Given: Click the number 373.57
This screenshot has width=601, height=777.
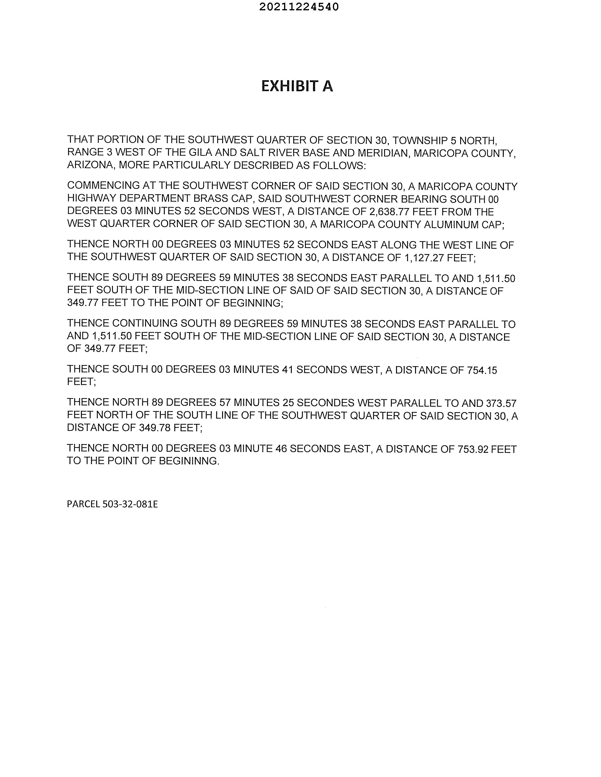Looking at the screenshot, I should pos(501,404).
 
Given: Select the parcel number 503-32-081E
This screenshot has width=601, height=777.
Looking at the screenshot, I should pos(130,504).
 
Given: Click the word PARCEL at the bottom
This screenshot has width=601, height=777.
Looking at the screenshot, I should pos(83,504).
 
